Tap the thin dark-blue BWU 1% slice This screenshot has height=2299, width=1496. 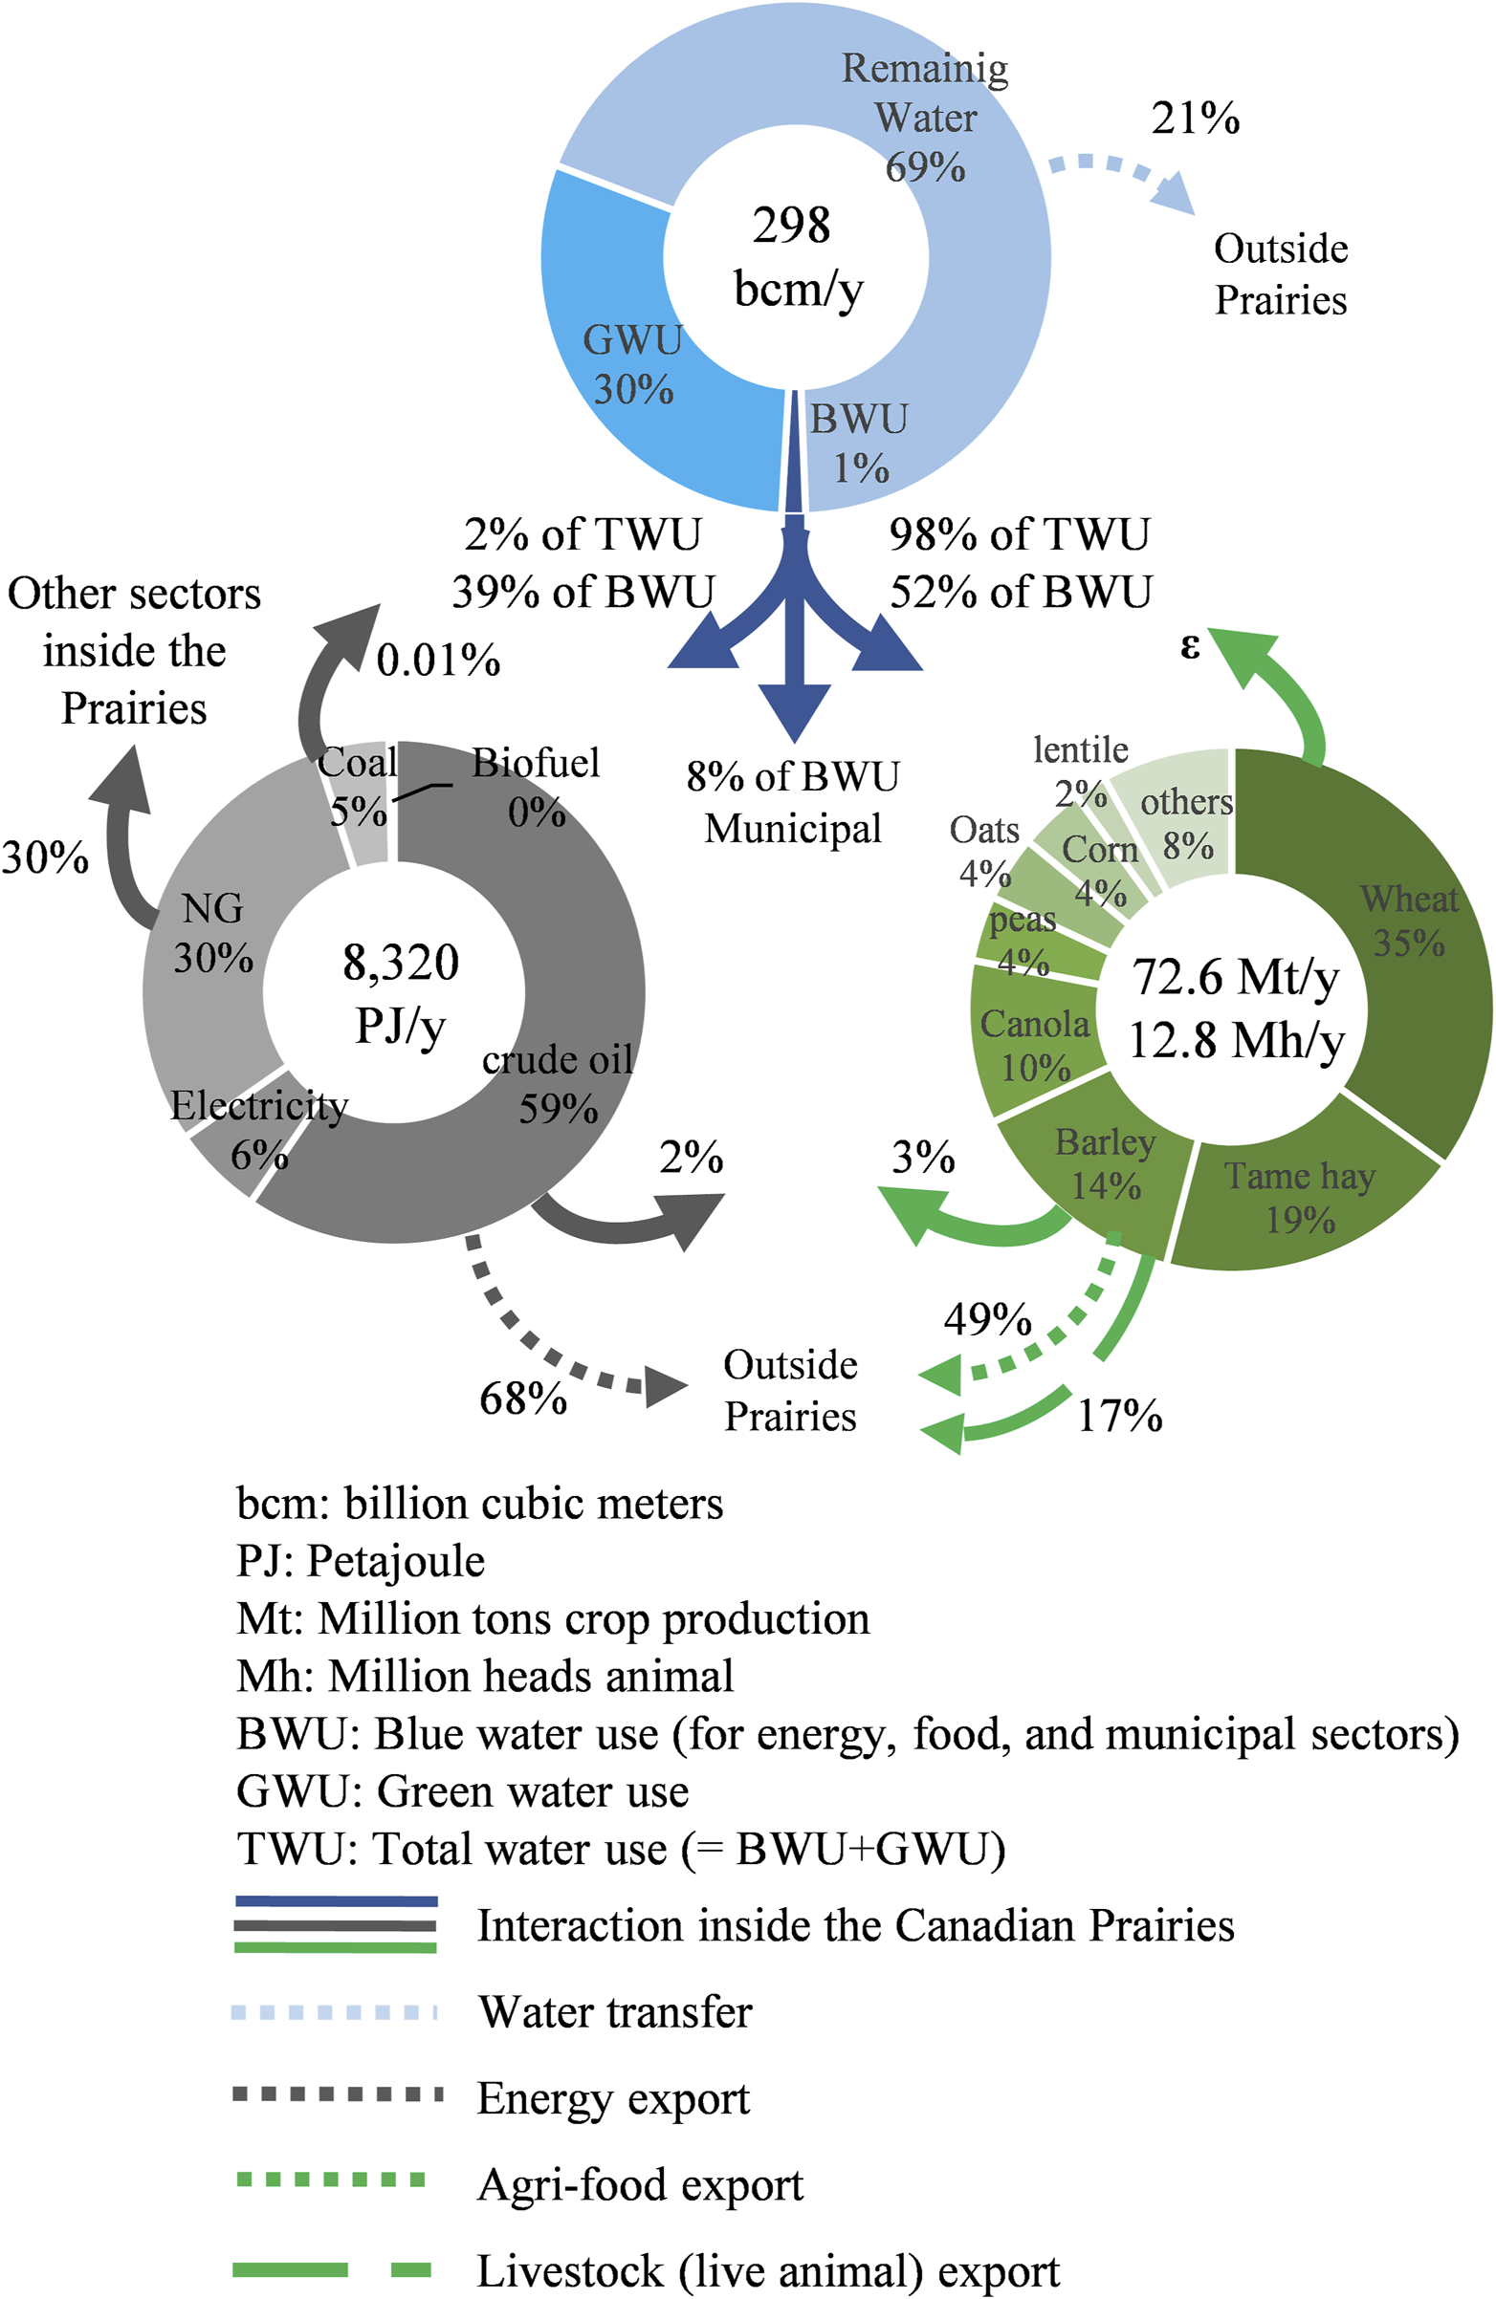click(793, 454)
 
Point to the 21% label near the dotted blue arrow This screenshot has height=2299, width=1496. click(1195, 118)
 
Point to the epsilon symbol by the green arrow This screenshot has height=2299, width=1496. click(1190, 644)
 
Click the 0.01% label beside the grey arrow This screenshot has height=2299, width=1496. click(438, 661)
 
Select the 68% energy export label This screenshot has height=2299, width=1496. click(523, 1398)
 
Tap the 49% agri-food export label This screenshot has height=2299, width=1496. click(987, 1318)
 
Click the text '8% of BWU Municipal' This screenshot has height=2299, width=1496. click(792, 802)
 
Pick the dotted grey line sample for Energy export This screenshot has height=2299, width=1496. click(338, 2094)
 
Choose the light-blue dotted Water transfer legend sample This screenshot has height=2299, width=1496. click(335, 2012)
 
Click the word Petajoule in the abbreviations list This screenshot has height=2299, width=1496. click(395, 1560)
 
